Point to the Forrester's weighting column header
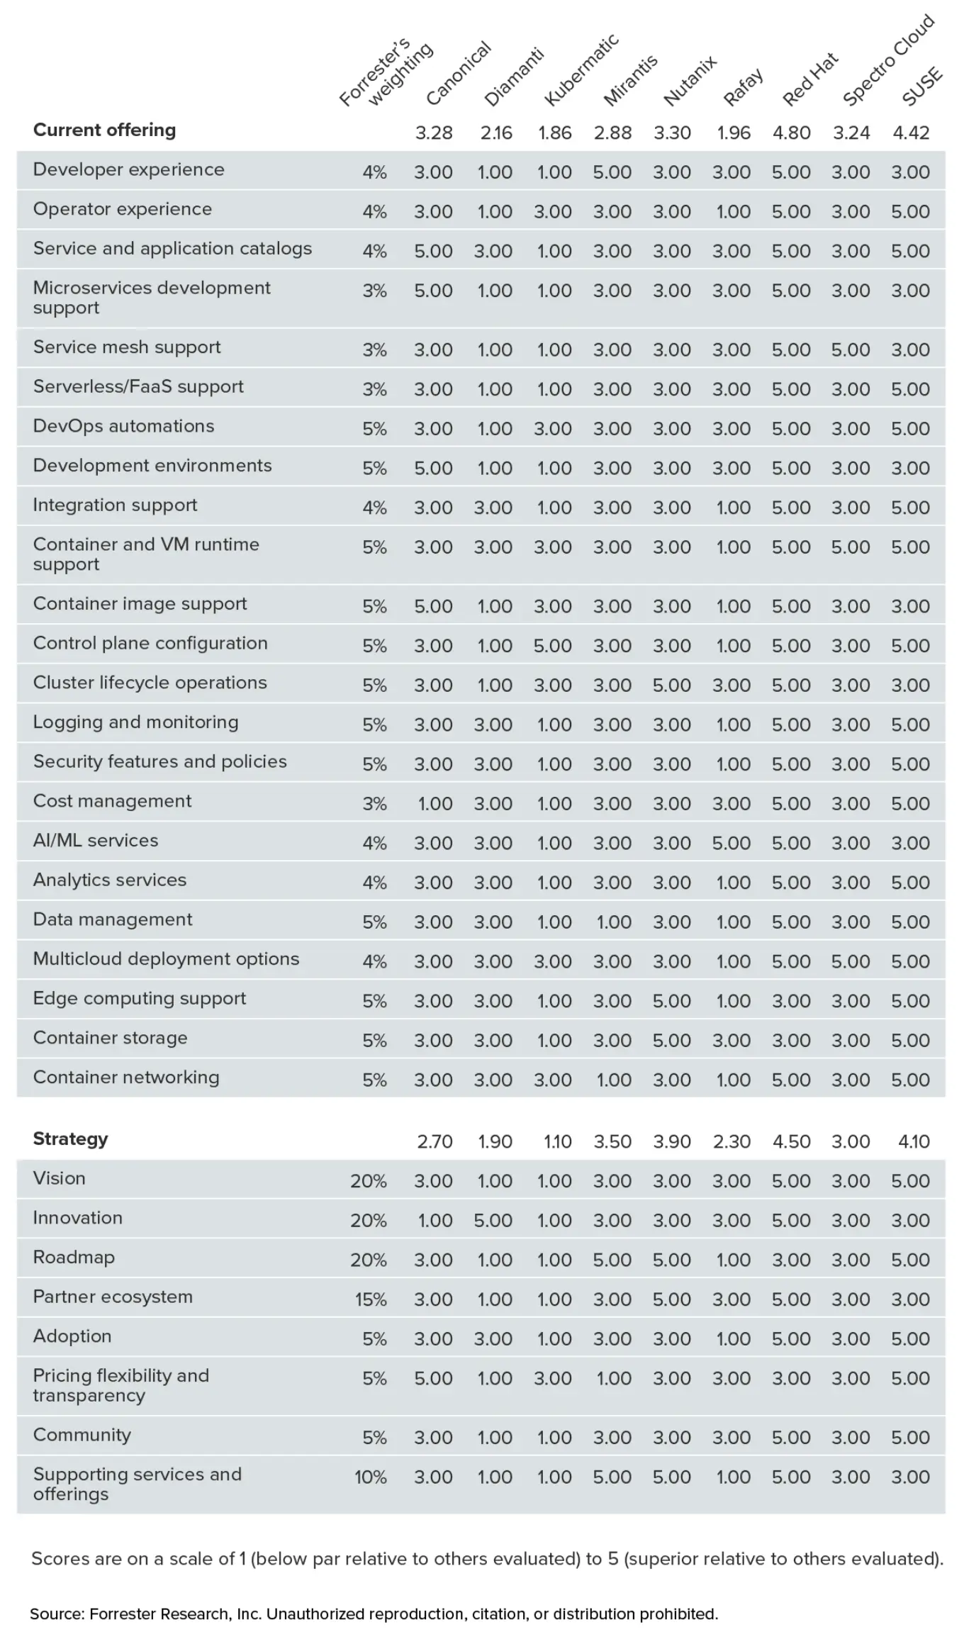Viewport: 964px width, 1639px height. (x=385, y=74)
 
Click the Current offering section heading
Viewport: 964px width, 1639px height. (x=104, y=130)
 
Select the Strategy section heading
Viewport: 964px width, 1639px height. (x=70, y=1139)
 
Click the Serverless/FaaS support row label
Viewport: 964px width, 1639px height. (x=138, y=387)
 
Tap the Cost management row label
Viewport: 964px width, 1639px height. (x=112, y=801)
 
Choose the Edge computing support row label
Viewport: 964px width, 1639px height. (x=139, y=999)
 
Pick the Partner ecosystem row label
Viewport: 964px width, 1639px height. (x=112, y=1297)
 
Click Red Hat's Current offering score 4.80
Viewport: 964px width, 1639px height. (x=791, y=133)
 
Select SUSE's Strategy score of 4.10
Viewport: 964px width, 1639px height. (x=913, y=1141)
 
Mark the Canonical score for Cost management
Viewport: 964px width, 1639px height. (x=435, y=804)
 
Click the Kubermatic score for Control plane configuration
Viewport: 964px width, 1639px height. (x=552, y=646)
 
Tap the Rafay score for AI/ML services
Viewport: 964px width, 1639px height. (x=731, y=844)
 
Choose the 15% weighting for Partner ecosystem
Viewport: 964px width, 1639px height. (x=371, y=1299)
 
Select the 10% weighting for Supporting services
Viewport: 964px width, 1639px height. (x=370, y=1477)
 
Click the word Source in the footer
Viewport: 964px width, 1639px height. (x=56, y=1614)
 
